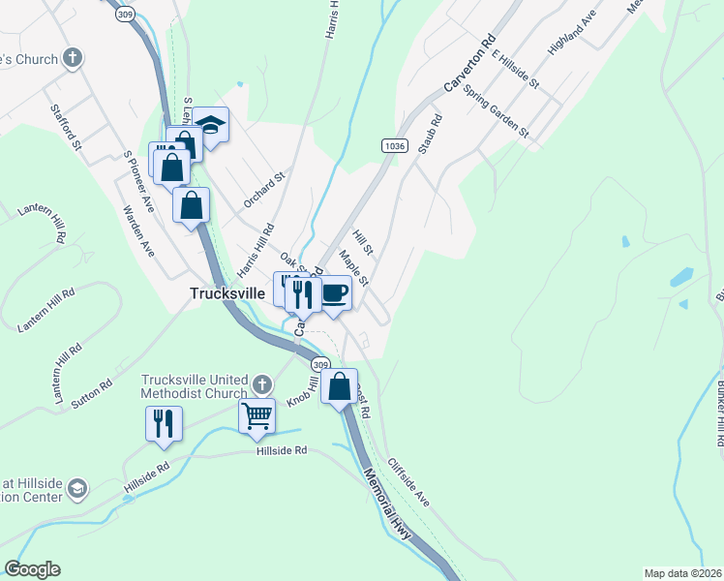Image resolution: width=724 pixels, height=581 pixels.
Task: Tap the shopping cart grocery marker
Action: (256, 415)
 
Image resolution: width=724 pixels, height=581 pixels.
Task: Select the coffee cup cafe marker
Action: (335, 292)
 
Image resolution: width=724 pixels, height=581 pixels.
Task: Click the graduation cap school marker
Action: (210, 124)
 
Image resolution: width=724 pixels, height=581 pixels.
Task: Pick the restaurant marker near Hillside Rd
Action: (164, 423)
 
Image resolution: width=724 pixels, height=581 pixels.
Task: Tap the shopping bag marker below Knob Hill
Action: (340, 386)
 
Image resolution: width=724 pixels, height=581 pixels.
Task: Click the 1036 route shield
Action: (393, 145)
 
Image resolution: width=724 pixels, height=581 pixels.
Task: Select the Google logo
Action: (32, 569)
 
